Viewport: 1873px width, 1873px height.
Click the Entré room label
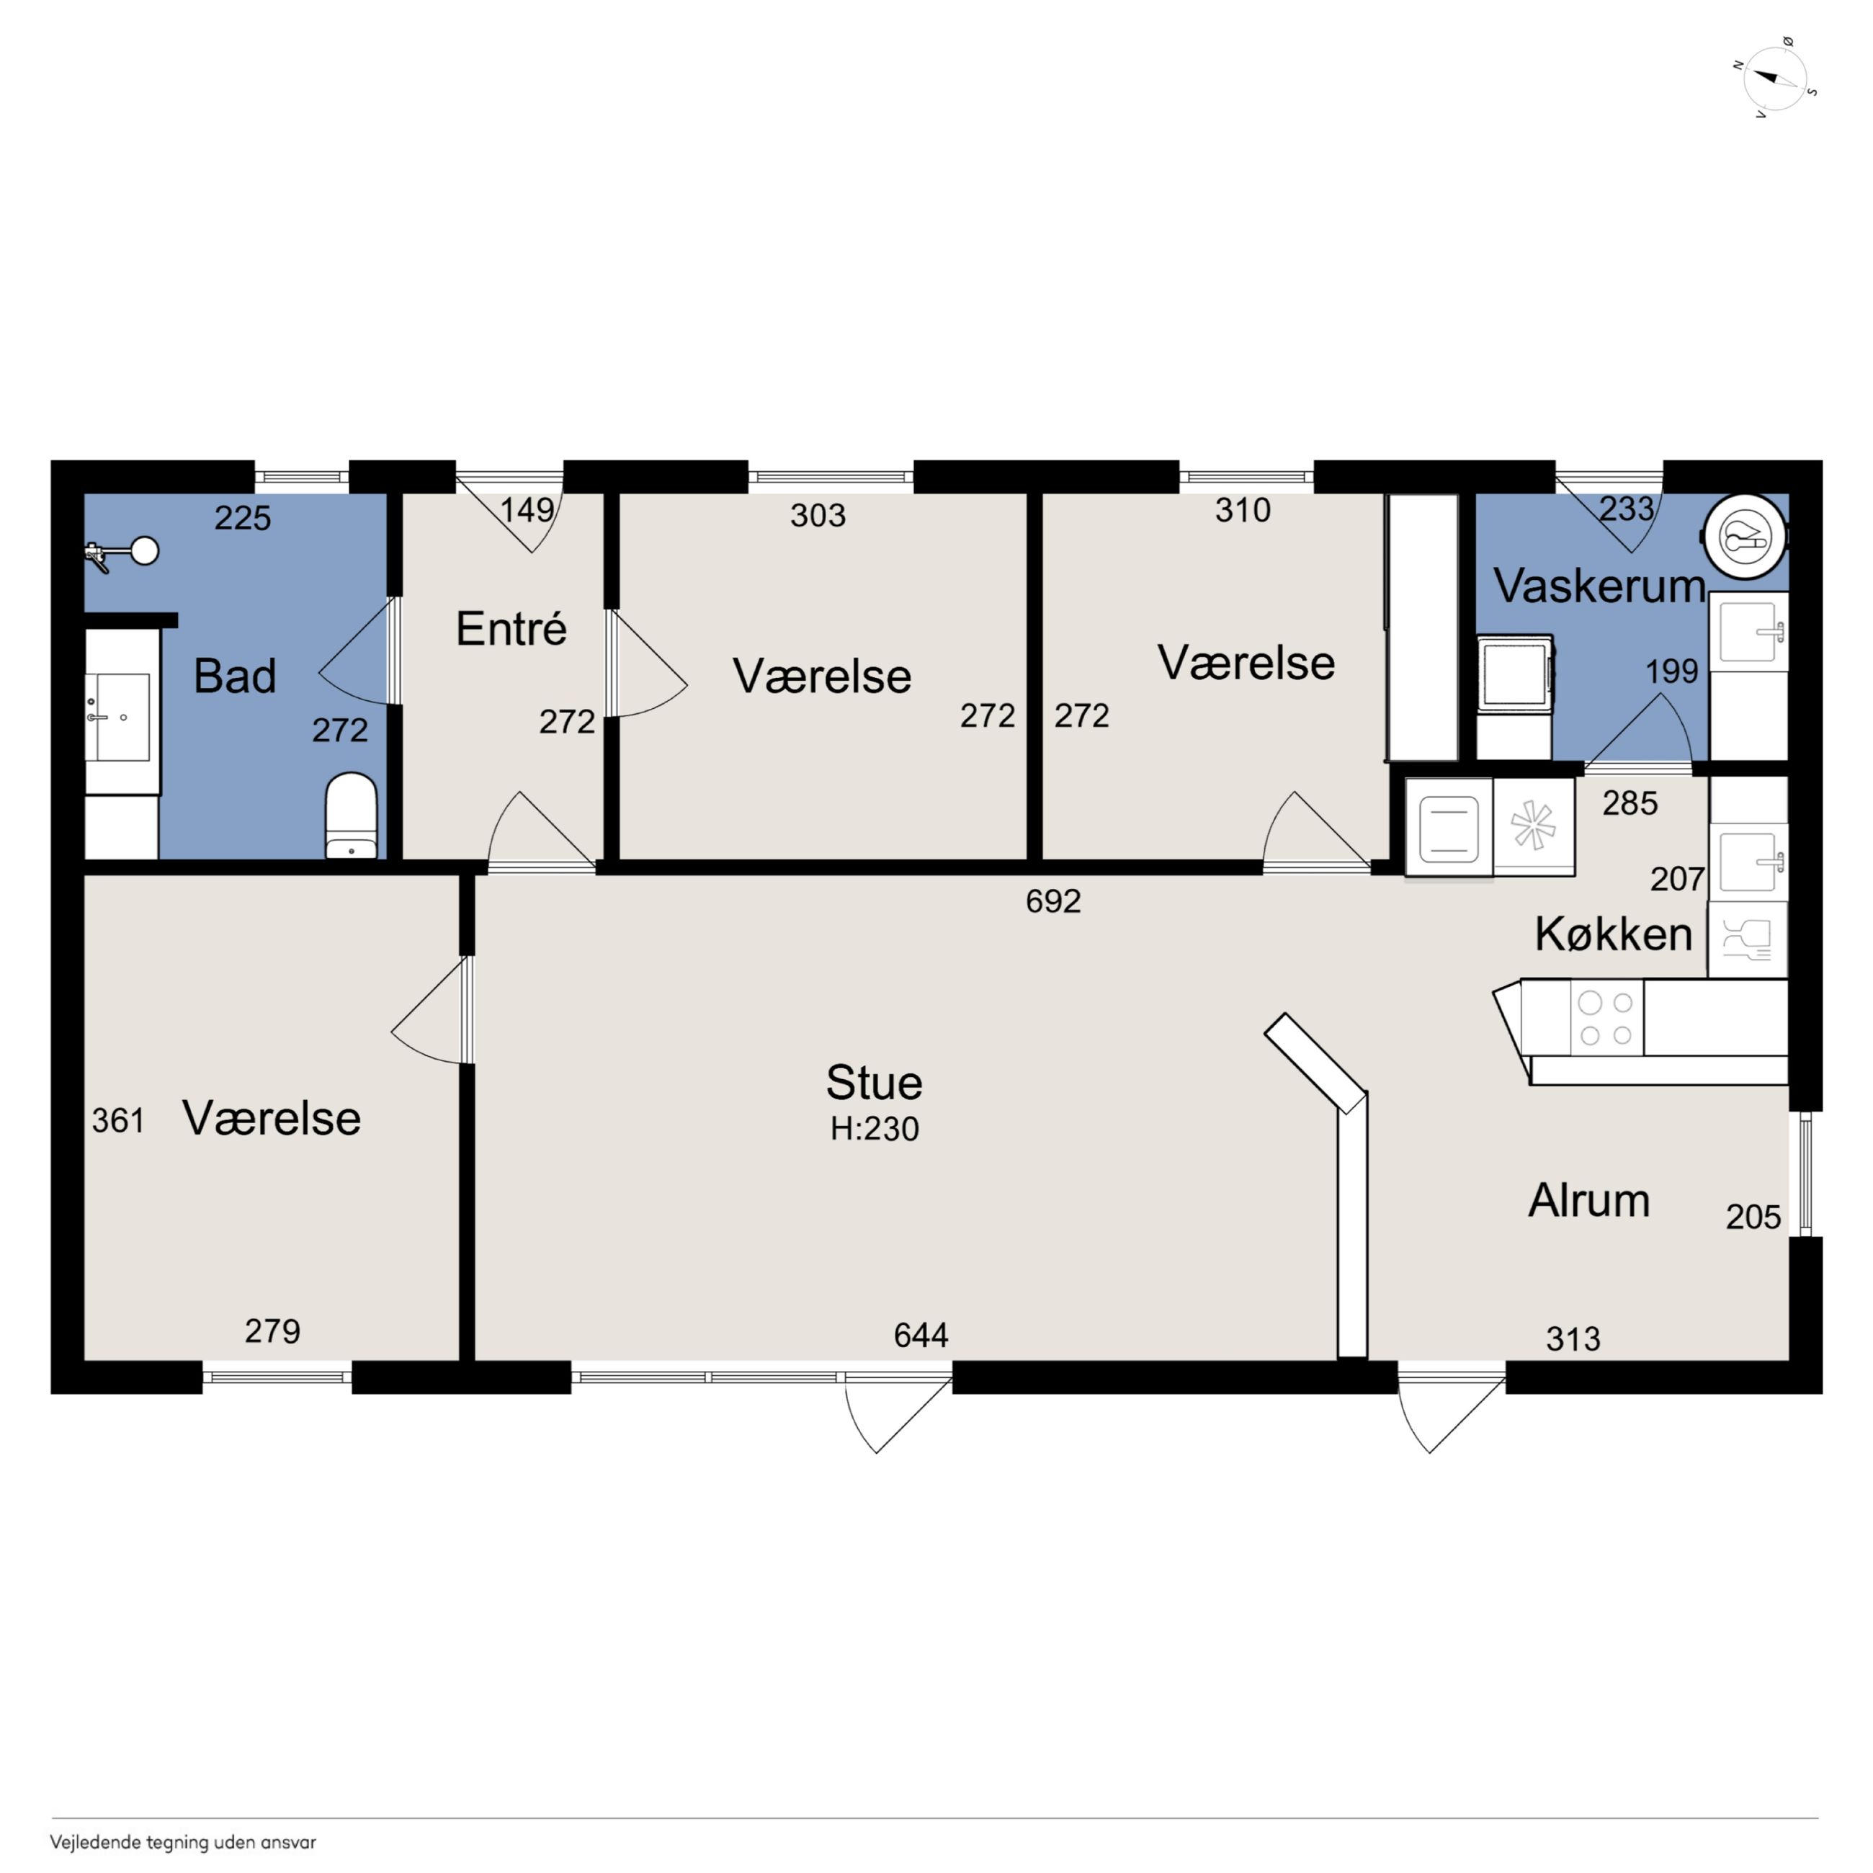511,629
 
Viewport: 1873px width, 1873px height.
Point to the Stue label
874,1082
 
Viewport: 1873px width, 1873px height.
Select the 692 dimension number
1052,902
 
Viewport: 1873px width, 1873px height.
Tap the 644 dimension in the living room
921,1335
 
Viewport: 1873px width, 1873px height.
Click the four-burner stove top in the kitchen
1606,1017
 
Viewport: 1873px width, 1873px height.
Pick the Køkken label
1613,934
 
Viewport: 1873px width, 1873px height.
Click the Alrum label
1589,1200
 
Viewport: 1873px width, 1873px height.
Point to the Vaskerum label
1599,586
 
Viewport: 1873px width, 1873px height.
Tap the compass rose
1775,79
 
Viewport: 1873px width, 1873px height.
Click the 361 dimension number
118,1121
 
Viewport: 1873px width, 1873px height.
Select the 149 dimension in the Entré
527,510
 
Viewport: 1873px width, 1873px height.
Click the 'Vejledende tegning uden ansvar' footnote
183,1842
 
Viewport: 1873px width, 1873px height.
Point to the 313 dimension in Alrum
1573,1338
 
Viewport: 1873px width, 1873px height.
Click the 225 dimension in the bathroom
242,518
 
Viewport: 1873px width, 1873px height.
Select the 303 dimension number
817,515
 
